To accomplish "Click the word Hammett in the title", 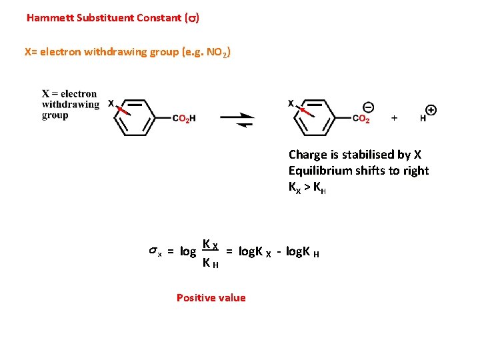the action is coord(49,18).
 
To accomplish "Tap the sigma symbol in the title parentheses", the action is coord(192,19).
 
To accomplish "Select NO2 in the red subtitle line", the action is coord(218,52).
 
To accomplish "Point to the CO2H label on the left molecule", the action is coord(184,119).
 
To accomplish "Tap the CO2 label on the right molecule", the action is coord(361,119).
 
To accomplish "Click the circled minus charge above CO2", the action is coord(368,107).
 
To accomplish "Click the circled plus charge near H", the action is coord(431,110).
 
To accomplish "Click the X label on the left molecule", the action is coord(111,103).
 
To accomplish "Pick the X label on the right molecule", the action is coord(291,103).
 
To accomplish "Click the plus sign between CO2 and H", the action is coord(394,118).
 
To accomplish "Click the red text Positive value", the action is coord(211,298).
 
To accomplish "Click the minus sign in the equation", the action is coord(278,251).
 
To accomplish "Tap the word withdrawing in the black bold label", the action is coord(70,105).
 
